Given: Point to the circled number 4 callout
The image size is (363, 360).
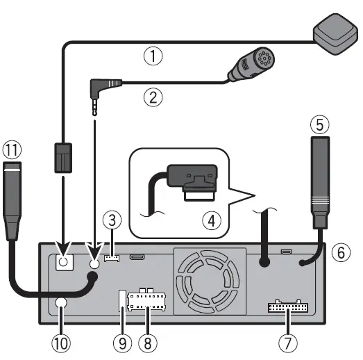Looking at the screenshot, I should (x=208, y=221).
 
